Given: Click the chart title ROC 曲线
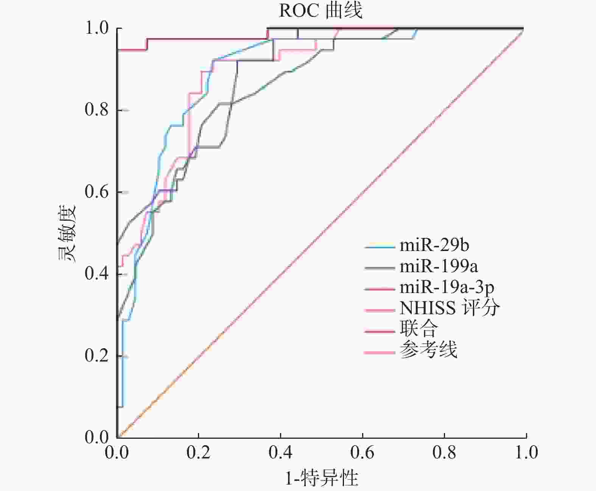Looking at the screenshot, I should click(321, 11).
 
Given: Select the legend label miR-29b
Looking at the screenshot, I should click(434, 245).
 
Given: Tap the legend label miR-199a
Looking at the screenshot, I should click(439, 267).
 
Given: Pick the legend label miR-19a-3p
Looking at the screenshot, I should click(447, 288).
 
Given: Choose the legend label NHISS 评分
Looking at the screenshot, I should click(450, 308).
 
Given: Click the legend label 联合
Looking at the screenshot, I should click(419, 329).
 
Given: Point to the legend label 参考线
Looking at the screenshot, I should click(428, 350).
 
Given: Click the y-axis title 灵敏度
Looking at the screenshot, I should click(67, 233).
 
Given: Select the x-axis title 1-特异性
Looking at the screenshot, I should click(321, 478).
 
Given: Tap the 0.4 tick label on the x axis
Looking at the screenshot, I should click(281, 453).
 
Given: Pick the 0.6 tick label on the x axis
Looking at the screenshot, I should click(363, 453).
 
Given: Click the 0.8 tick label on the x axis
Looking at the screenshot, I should click(444, 453).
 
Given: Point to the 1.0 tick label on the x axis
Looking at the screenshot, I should click(526, 453).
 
